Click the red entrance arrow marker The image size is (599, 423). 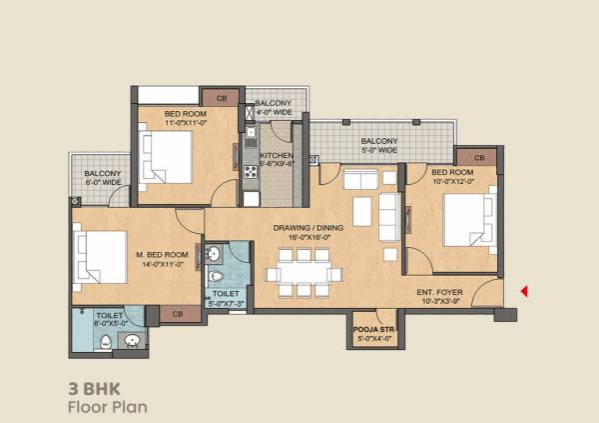524,291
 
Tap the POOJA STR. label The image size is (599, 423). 368,333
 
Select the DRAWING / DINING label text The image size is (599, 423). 315,233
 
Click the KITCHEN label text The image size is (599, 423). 276,160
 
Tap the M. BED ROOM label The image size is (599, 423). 162,257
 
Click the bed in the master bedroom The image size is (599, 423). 99,257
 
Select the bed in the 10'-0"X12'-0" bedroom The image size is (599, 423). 465,217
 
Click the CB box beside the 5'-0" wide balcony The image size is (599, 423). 479,158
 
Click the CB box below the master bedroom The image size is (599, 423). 178,314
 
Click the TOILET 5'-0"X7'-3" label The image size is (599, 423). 226,299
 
